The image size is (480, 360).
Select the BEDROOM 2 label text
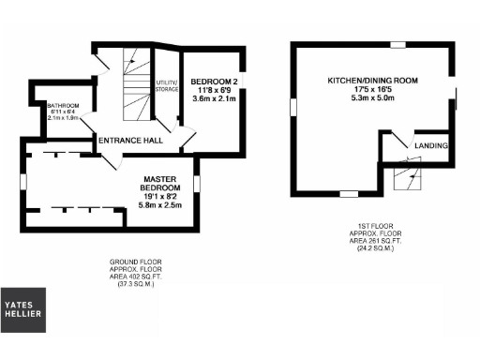213,82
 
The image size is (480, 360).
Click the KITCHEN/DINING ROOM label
373,82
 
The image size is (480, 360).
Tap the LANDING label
431,146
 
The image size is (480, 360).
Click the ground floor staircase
137,89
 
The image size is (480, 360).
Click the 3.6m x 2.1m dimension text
213,97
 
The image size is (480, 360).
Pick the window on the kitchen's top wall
397,44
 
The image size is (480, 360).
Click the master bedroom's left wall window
24,182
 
